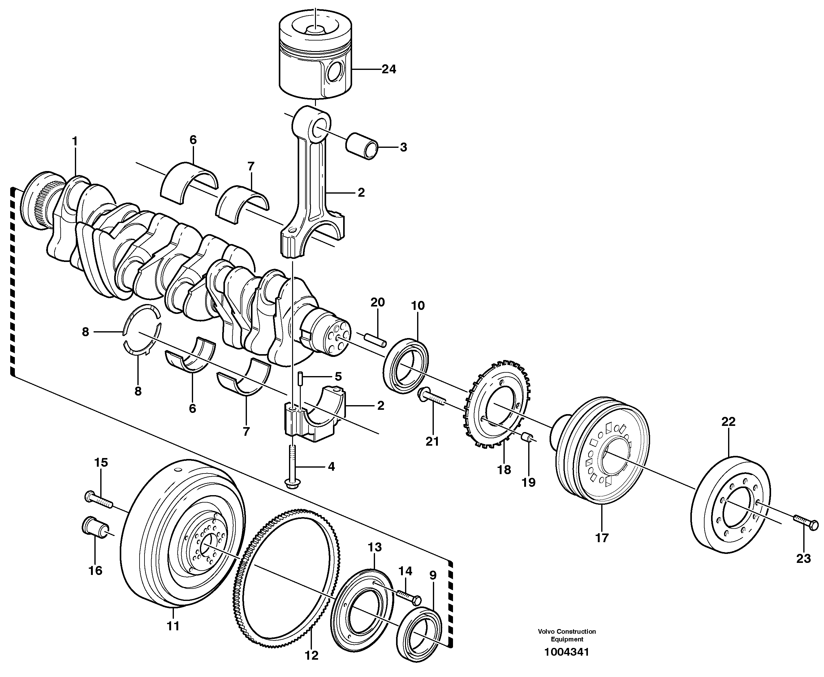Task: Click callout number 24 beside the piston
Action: point(389,69)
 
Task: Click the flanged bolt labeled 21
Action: point(431,399)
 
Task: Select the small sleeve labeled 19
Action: point(528,436)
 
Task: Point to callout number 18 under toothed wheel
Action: point(504,470)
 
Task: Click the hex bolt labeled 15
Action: point(98,499)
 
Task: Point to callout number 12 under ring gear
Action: point(311,656)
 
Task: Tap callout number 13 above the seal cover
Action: point(374,547)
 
